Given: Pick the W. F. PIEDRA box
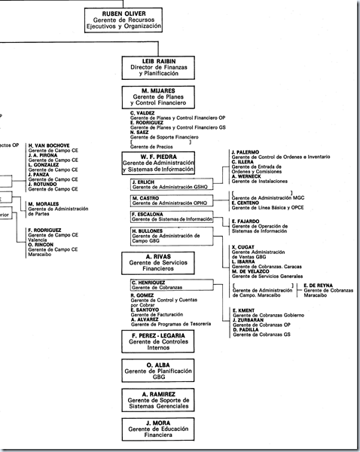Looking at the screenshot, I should coord(158,163).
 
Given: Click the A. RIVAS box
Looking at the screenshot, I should coord(158,262).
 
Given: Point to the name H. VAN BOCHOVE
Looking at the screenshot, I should coord(49,145).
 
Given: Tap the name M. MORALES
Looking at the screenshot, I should coord(44,203).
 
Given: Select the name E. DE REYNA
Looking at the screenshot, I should coord(320,286).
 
